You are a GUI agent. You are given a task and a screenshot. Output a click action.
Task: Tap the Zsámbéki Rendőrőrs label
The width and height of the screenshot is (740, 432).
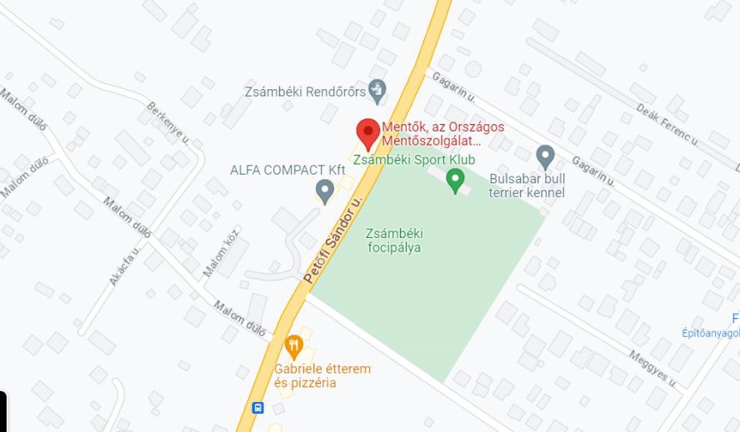pos(305,91)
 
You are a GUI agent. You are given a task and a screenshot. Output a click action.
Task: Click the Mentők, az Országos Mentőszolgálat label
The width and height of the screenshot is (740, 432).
pos(442,134)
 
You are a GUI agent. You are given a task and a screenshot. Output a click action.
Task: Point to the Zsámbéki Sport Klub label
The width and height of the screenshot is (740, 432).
pos(414,159)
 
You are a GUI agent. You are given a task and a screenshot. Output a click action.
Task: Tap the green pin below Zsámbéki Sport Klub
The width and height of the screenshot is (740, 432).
pos(455,180)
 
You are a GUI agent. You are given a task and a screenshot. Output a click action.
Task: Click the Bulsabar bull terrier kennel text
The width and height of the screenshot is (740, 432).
pos(527,186)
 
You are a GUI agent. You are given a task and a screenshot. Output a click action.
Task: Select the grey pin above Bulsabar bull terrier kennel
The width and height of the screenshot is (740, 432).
pos(545,156)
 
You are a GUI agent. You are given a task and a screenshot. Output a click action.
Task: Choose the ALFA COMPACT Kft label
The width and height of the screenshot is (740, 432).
pos(287,170)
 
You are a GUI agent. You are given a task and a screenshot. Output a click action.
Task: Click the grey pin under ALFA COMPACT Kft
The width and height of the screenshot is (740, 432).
pos(325,191)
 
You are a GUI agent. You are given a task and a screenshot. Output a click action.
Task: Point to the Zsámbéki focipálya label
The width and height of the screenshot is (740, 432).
pos(393,241)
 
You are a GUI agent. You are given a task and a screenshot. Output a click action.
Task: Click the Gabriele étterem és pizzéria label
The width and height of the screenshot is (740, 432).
pos(322,375)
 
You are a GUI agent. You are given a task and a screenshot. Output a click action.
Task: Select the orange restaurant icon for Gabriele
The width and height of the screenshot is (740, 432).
pos(293,345)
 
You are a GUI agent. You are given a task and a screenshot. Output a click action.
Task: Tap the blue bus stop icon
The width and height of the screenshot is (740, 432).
pos(258,408)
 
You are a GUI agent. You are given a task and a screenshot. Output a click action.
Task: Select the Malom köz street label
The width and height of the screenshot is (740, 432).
pos(221,251)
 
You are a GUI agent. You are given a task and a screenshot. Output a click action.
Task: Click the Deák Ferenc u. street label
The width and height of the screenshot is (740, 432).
pos(666,123)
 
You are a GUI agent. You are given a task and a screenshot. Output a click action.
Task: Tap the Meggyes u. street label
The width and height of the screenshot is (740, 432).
pos(651,367)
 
